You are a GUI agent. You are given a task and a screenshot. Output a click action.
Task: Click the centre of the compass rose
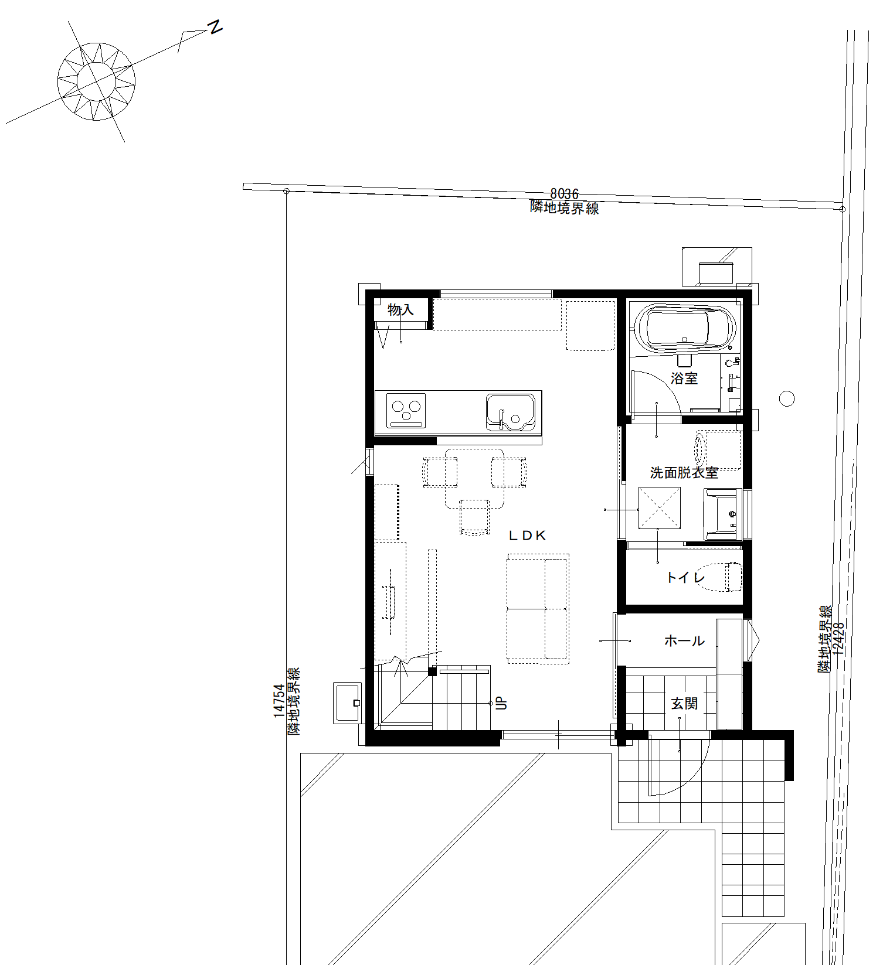96,81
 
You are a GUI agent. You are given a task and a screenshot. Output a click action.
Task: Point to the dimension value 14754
279,701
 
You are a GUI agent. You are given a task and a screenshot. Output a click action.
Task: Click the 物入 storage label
400,310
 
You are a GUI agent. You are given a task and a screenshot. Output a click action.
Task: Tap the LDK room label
527,535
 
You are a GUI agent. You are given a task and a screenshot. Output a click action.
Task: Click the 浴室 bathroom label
684,379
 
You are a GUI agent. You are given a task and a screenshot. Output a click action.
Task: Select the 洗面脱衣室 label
684,472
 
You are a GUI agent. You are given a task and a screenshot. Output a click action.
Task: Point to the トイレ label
685,578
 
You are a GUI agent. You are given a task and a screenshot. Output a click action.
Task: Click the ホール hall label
684,641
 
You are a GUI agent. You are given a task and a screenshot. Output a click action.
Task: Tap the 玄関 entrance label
684,703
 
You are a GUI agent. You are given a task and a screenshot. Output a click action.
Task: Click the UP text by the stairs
502,703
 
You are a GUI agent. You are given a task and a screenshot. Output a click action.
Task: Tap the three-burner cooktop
406,410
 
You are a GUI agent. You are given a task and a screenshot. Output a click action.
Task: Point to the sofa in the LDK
538,609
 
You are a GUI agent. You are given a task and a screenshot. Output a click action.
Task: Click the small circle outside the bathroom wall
787,399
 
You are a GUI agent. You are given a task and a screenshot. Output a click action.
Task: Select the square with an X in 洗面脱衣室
660,508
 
